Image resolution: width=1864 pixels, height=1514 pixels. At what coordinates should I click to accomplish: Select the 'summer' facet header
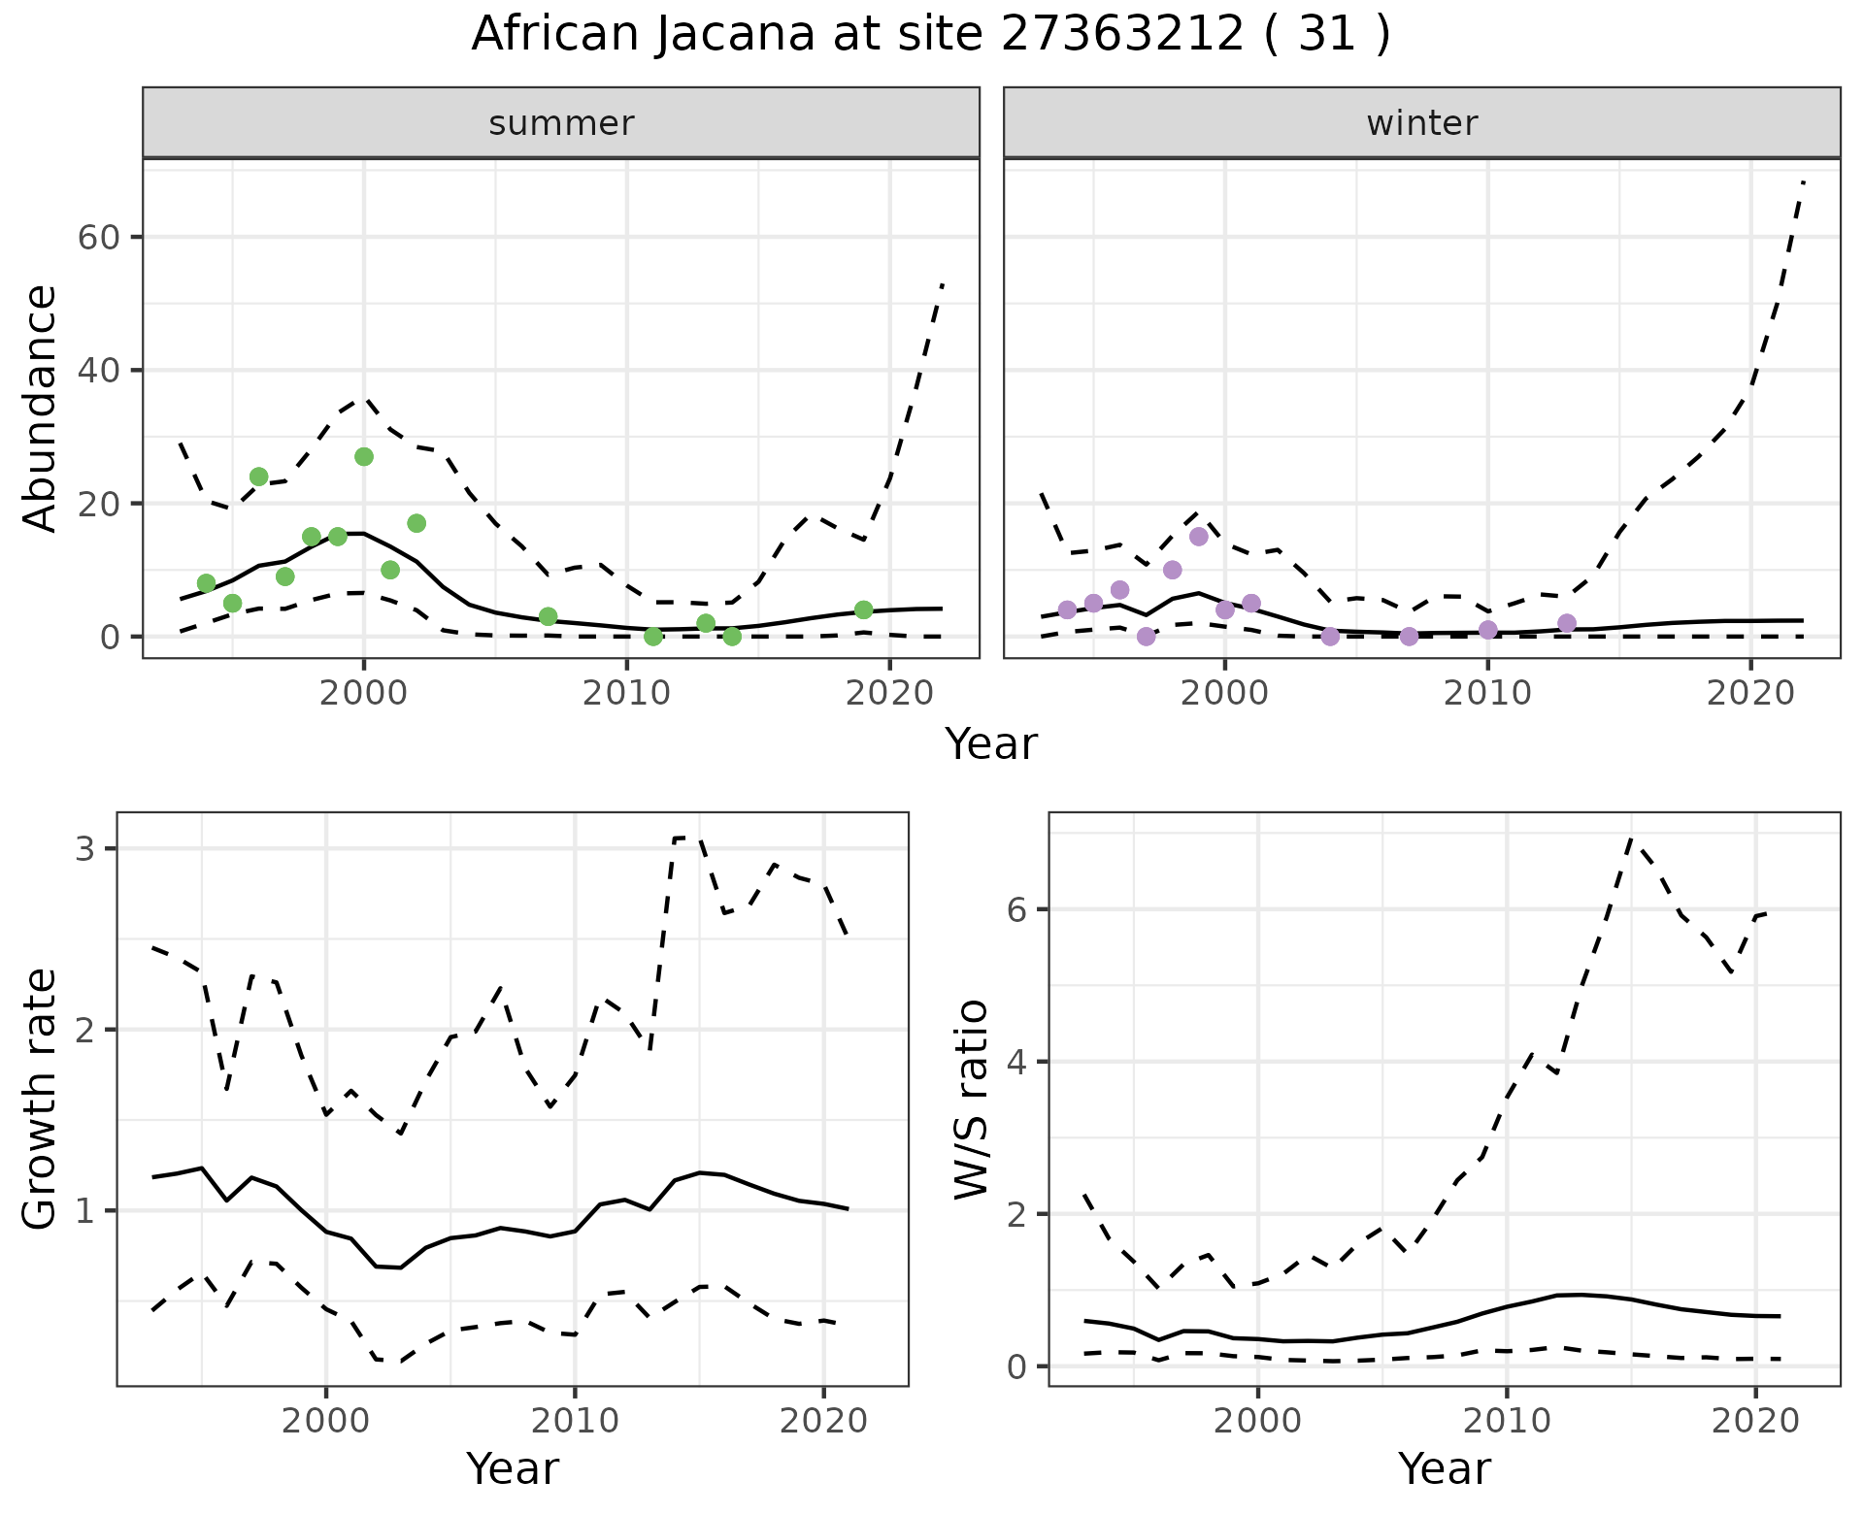pyautogui.click(x=561, y=123)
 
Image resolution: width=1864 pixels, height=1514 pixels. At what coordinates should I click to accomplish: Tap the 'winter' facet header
pyautogui.click(x=1421, y=123)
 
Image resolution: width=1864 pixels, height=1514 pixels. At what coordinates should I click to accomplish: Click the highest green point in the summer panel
pyautogui.click(x=364, y=457)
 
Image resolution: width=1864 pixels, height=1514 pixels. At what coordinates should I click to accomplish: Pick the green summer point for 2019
pyautogui.click(x=864, y=609)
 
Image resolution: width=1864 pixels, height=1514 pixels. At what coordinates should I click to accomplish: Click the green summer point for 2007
pyautogui.click(x=548, y=617)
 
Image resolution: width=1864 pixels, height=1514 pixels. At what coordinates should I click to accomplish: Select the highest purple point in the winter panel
pyautogui.click(x=1198, y=537)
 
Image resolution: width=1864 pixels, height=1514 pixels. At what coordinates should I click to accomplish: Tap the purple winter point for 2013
pyautogui.click(x=1567, y=623)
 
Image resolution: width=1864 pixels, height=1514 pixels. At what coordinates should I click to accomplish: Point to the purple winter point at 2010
pyautogui.click(x=1488, y=630)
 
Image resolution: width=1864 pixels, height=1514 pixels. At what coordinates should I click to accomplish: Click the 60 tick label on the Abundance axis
pyautogui.click(x=97, y=238)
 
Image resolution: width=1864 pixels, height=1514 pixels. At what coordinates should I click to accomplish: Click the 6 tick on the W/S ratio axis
pyautogui.click(x=1015, y=909)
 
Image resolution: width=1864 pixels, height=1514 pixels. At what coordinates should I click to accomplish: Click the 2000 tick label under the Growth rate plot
pyautogui.click(x=326, y=1421)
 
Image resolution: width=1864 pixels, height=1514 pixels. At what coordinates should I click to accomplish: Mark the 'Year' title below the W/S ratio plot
pyautogui.click(x=1444, y=1469)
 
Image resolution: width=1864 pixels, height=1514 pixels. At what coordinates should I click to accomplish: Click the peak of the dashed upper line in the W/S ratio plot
pyautogui.click(x=1631, y=839)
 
